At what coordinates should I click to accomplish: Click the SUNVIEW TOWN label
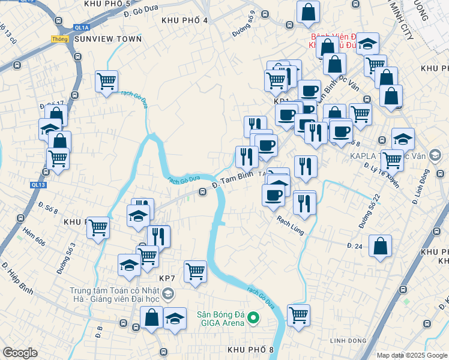coord(109,39)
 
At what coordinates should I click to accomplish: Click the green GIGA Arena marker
coord(253,317)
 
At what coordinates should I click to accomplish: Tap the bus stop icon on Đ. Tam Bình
coord(203,192)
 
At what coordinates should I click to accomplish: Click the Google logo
coord(20,353)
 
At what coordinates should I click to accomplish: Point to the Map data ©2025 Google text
coord(411,355)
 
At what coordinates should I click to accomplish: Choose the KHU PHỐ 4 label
coord(184,20)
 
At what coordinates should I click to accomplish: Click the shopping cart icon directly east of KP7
coord(195,271)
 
